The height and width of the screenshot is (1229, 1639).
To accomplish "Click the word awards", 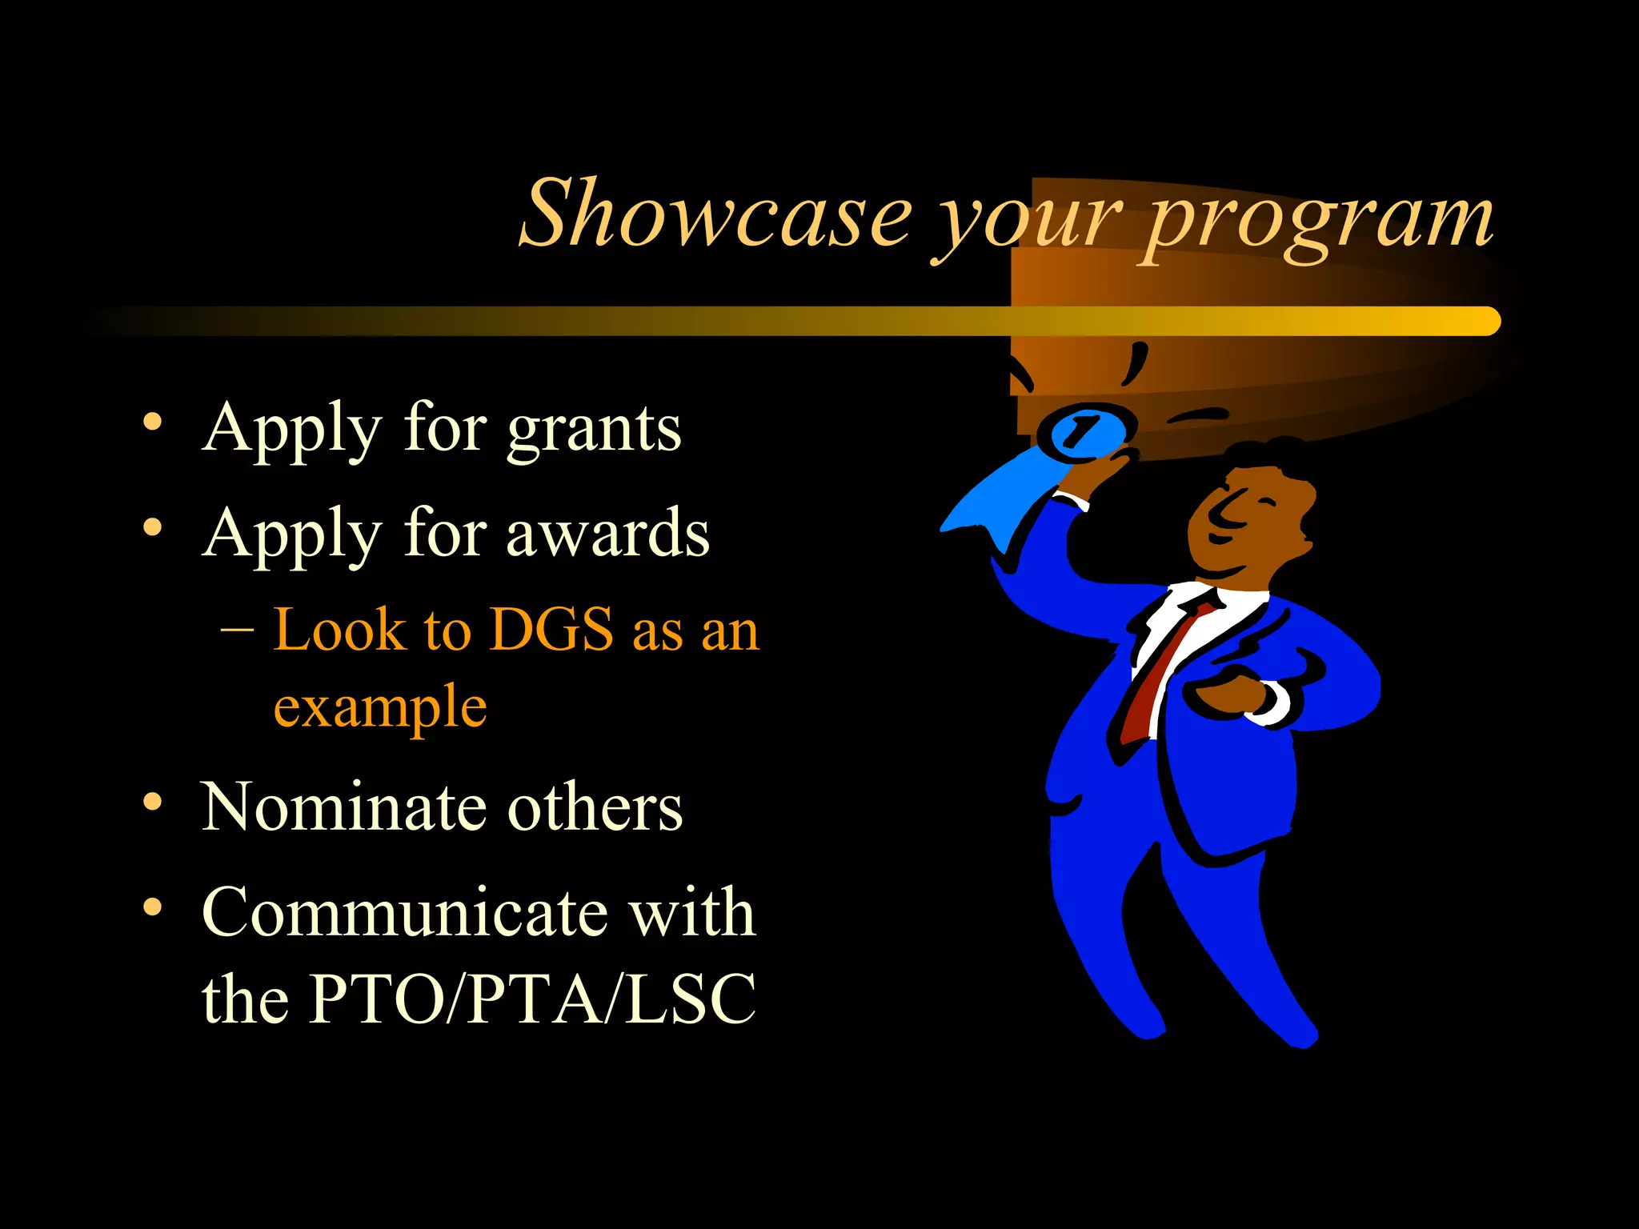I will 607,534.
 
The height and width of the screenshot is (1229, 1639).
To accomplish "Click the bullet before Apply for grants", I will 152,422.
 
